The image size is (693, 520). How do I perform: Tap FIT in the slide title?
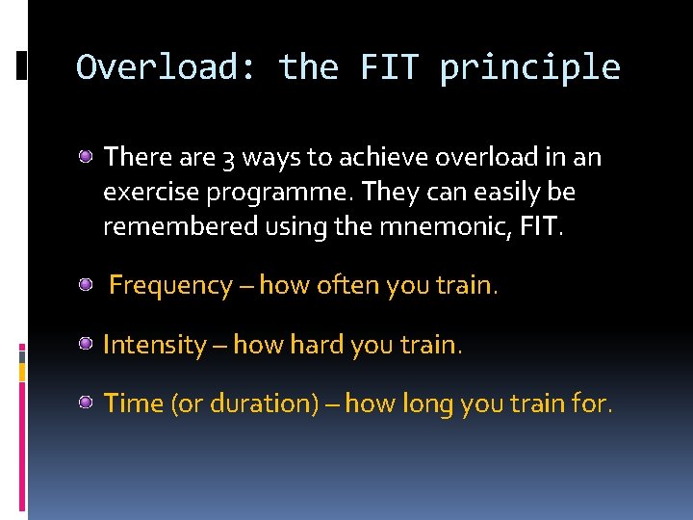point(389,67)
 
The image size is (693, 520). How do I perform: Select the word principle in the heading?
point(530,67)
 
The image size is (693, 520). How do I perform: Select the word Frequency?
point(170,286)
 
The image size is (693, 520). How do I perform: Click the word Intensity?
point(154,345)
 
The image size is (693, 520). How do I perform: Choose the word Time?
point(133,403)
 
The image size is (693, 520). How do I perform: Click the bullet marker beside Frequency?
point(86,284)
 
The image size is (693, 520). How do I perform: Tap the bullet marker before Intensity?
point(86,344)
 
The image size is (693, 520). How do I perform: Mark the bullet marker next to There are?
point(86,155)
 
